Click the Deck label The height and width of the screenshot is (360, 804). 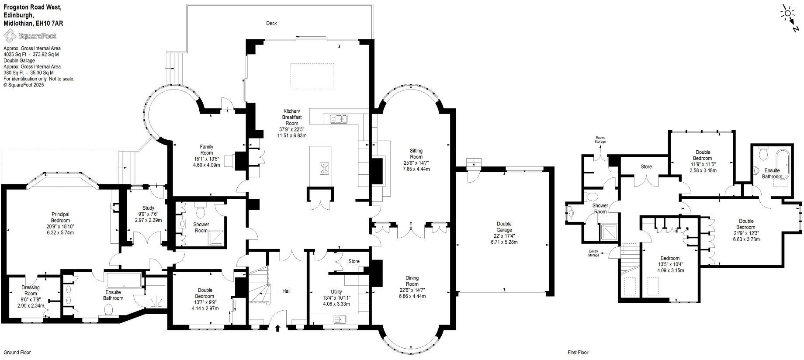(x=271, y=23)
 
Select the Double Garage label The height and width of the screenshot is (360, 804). (x=504, y=227)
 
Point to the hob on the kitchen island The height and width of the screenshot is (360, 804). (x=325, y=168)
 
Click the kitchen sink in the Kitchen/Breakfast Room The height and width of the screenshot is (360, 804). (x=339, y=118)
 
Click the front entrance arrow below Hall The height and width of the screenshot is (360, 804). (x=277, y=328)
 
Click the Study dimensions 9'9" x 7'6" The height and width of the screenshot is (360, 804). (x=148, y=214)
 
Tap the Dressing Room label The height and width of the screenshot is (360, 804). (x=31, y=291)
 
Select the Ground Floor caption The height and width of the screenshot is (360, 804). (x=17, y=353)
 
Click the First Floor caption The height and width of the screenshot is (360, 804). (x=578, y=353)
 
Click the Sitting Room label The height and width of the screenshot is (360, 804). (x=416, y=154)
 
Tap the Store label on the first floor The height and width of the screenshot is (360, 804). (x=646, y=166)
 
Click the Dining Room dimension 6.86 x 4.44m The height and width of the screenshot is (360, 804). (x=412, y=296)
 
